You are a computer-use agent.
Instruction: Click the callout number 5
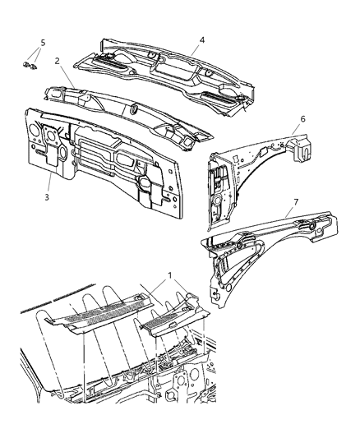pos(43,41)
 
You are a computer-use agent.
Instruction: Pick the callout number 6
pos(302,119)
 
